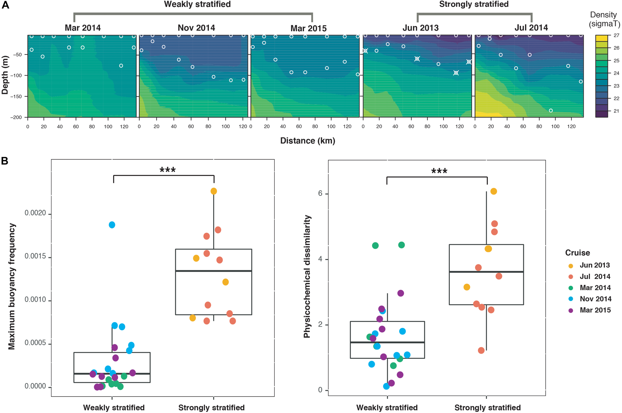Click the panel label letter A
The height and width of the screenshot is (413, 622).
5,5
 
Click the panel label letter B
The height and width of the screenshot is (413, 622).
4,161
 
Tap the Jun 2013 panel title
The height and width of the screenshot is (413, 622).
420,28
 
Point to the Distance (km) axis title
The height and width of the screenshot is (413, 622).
308,141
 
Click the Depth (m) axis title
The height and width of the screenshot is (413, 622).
5,75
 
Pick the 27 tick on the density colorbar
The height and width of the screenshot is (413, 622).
616,35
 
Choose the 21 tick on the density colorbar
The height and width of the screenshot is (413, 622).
616,111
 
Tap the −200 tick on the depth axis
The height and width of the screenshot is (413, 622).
16,118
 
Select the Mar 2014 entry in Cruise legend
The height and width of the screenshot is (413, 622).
595,288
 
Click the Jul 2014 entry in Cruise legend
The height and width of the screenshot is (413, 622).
595,277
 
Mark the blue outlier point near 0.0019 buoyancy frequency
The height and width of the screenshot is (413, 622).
112,225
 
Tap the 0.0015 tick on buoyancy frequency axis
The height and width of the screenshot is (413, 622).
35,256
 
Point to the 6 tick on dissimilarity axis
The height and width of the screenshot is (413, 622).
320,193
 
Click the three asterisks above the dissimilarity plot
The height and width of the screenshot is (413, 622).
439,171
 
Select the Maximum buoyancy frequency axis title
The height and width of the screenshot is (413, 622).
12,286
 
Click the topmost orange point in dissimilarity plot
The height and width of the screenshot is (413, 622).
494,192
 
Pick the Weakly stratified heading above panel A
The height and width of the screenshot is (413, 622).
197,4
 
